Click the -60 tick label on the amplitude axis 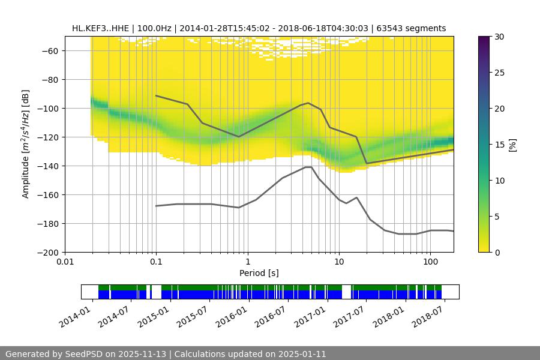[50, 51]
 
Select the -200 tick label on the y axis [47, 253]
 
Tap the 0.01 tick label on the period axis [65, 262]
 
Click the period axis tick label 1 [247, 262]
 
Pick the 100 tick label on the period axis [430, 262]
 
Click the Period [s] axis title [259, 273]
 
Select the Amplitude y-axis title [26, 144]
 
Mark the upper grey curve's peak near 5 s [308, 103]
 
